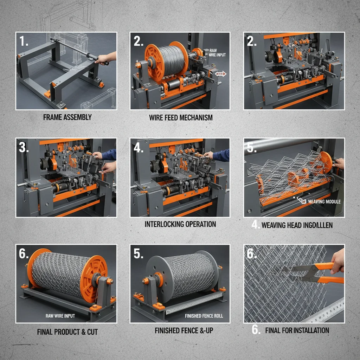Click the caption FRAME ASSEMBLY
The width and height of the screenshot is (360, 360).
coord(67,117)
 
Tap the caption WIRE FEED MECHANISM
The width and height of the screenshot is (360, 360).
coord(181,118)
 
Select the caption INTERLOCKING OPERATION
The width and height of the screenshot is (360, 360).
coord(180,224)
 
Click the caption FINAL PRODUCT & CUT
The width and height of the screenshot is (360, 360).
coord(67,332)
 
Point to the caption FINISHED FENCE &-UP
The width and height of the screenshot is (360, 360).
coord(184,331)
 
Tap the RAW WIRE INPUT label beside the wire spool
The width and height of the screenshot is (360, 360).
coord(217,53)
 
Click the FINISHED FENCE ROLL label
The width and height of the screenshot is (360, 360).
coord(204,316)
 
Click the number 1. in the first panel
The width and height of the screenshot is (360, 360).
coord(24,42)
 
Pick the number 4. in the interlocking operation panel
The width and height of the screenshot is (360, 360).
coord(139,148)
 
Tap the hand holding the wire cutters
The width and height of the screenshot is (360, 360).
coord(338,260)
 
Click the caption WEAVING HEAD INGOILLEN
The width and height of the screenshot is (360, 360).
coord(296,225)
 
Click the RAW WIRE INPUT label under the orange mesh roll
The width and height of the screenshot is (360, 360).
coord(60,316)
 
